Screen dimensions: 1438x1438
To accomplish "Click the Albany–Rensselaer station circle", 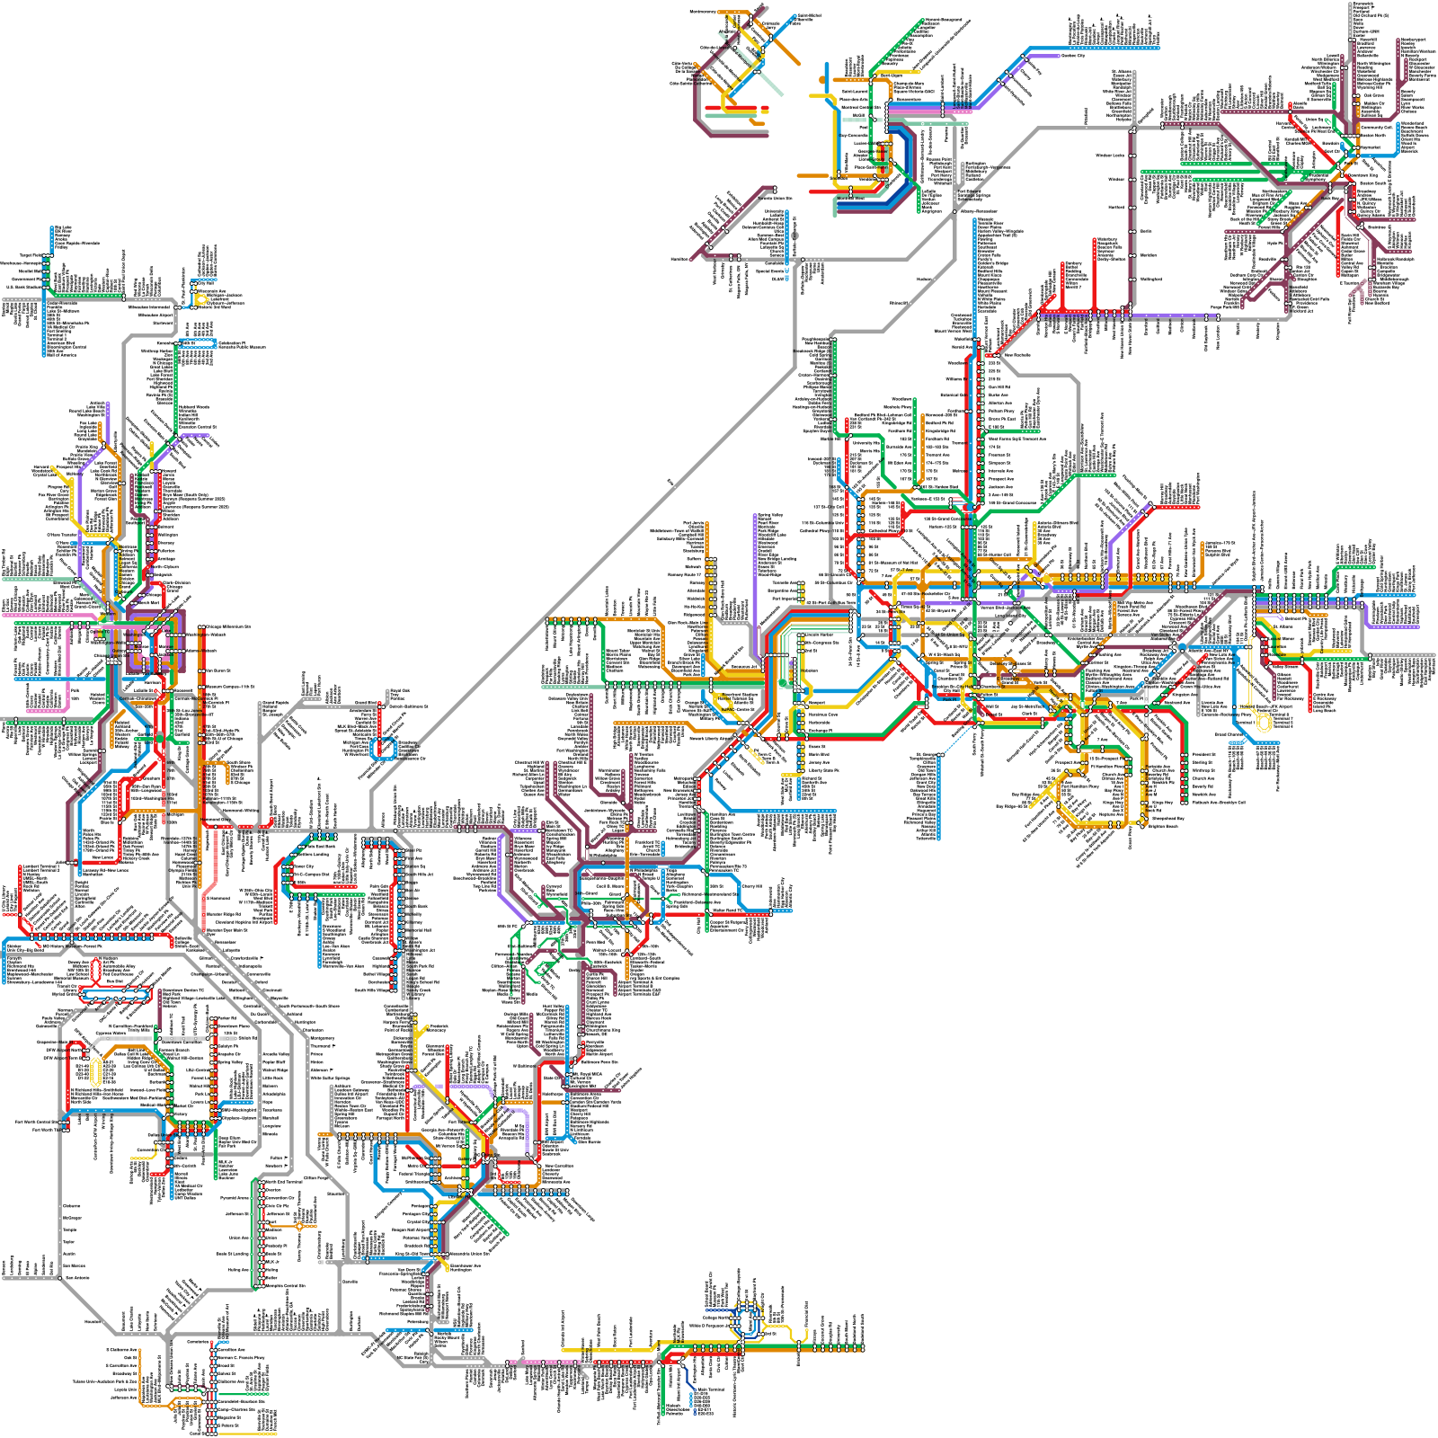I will (x=954, y=212).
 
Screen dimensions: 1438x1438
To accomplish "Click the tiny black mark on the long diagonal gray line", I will (x=670, y=484).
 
